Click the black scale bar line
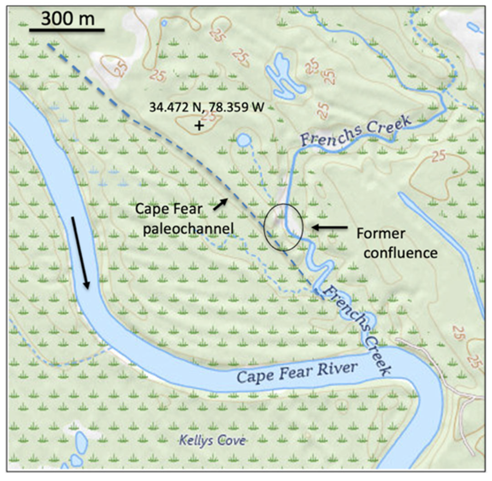67,30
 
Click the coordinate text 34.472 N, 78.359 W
207,107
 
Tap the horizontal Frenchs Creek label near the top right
355,132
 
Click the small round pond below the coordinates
243,140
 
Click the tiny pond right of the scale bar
164,23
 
